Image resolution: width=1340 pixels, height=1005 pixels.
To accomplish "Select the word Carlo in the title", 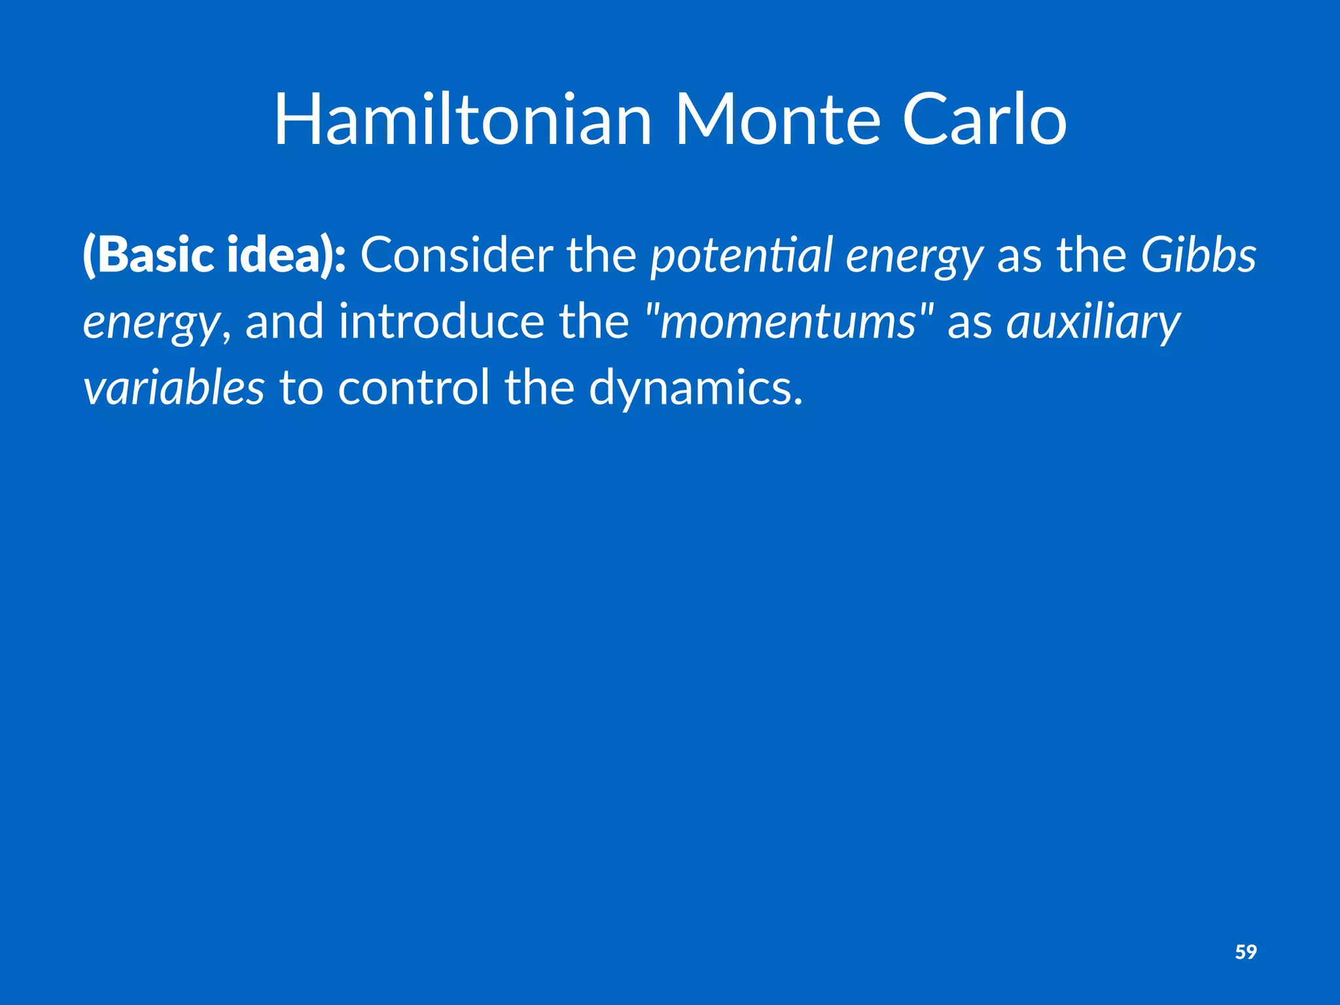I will pyautogui.click(x=984, y=120).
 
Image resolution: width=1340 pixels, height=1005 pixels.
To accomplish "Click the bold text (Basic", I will pyautogui.click(x=148, y=255).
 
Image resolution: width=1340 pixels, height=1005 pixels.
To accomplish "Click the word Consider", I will pyautogui.click(x=456, y=255).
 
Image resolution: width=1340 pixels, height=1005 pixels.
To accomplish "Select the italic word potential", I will pyautogui.click(x=741, y=256).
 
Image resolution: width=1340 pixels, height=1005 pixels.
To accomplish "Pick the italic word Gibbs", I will pyautogui.click(x=1198, y=255).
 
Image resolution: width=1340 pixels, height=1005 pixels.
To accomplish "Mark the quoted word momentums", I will pyautogui.click(x=788, y=323).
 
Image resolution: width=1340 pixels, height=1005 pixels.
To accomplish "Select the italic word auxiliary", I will pyautogui.click(x=1093, y=323).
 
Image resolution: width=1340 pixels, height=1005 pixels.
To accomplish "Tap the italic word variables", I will pyautogui.click(x=173, y=387).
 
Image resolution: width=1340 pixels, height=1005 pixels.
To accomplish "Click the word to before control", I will pyautogui.click(x=301, y=387).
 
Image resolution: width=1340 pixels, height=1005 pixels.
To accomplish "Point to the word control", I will pyautogui.click(x=414, y=387).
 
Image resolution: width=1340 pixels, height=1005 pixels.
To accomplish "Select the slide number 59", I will pyautogui.click(x=1245, y=951).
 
